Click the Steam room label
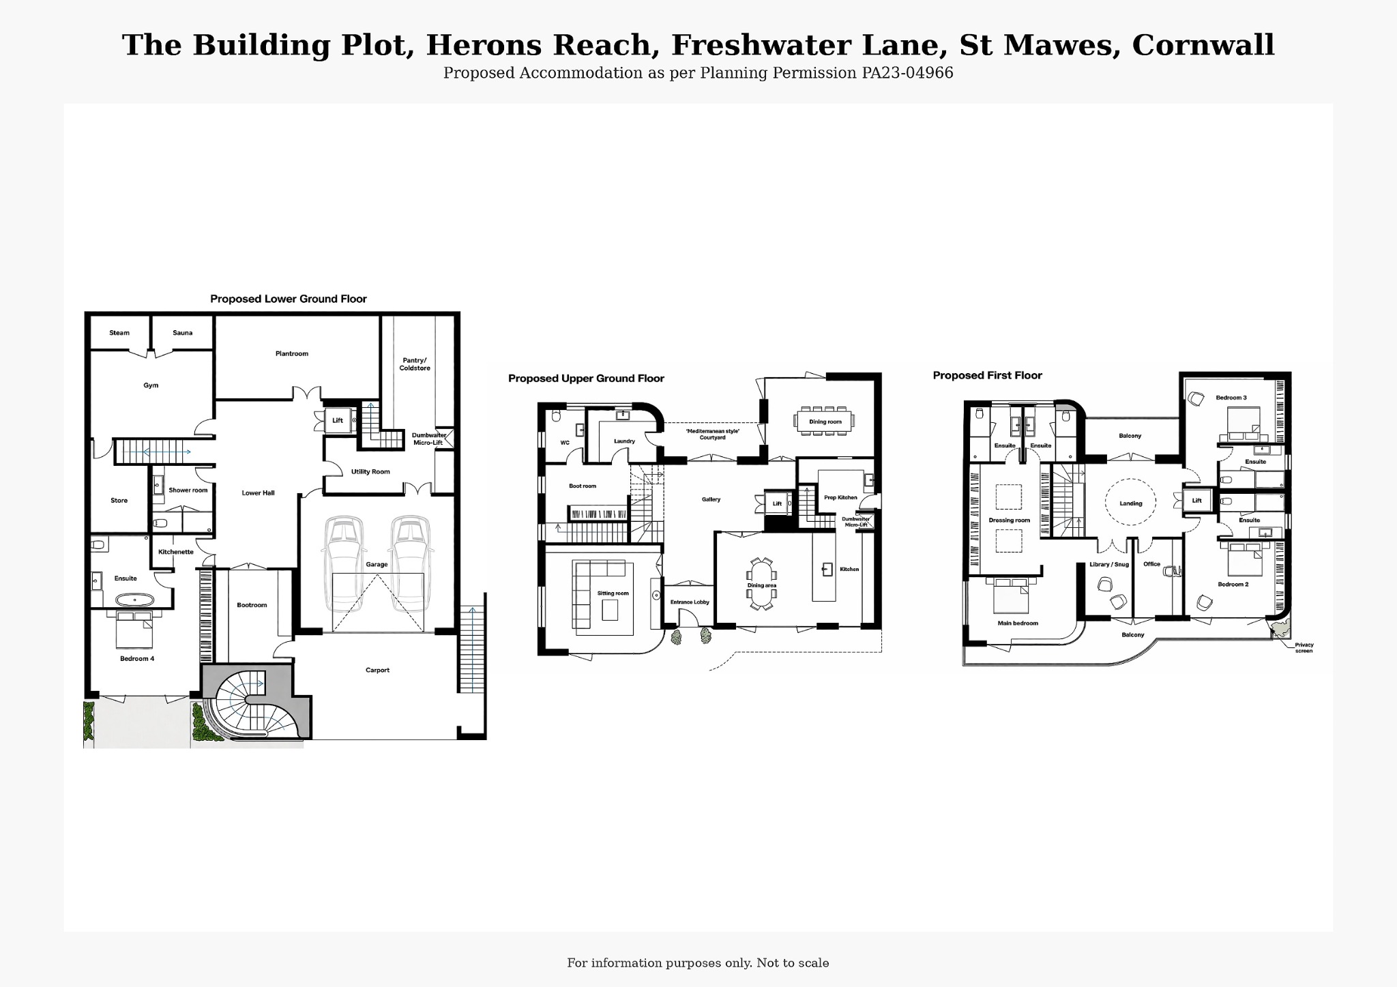tap(119, 333)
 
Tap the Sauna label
tap(182, 333)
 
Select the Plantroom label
tap(292, 353)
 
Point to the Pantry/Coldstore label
tap(415, 364)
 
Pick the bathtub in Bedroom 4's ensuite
tap(134, 600)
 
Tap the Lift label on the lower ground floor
tap(338, 420)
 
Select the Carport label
tap(377, 670)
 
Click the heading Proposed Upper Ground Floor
tap(586, 379)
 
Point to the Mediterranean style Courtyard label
tap(712, 434)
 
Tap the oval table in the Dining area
tap(762, 584)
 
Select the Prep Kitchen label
tap(840, 497)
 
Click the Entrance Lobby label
tap(690, 602)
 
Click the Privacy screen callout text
tap(1304, 647)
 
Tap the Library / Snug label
tap(1109, 564)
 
